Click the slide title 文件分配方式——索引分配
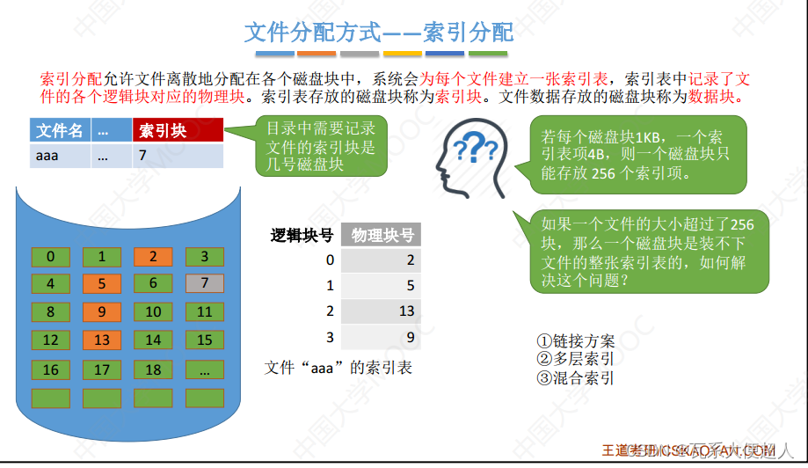point(378,33)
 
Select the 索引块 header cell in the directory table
point(178,131)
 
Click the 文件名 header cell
point(59,131)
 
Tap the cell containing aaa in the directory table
point(59,156)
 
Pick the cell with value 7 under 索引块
point(178,156)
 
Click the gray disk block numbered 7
point(205,283)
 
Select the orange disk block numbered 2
point(153,257)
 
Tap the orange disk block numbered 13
point(102,340)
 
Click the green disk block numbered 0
point(51,257)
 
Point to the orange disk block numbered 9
point(102,311)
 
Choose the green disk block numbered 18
point(153,369)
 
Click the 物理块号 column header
point(382,235)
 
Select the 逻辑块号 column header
point(302,235)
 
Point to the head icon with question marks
point(473,158)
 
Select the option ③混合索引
point(575,378)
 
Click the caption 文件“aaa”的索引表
point(338,368)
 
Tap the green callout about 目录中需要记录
point(321,147)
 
